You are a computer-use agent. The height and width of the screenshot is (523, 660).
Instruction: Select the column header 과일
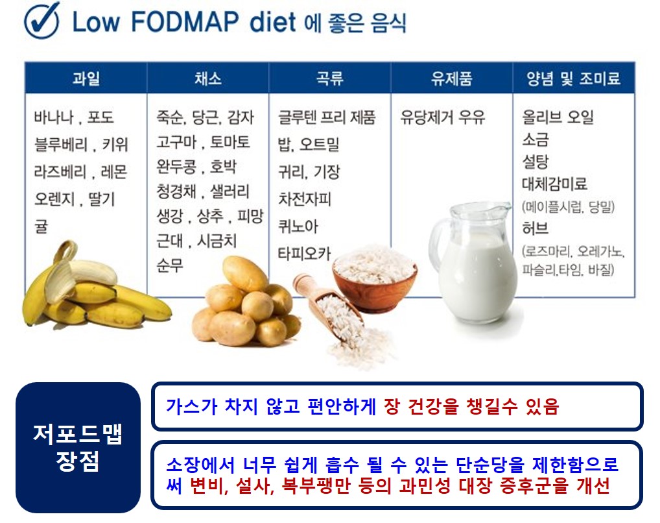tap(86, 79)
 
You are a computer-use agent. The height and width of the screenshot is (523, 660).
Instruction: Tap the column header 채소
tap(207, 79)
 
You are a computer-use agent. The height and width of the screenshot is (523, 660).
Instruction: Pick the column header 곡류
tap(329, 79)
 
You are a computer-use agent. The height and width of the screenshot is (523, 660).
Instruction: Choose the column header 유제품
tap(451, 79)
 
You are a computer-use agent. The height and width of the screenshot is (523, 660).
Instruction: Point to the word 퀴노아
tap(298, 226)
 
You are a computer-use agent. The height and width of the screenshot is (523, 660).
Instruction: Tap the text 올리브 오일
tap(558, 117)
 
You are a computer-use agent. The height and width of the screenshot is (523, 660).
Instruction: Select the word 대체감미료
tap(554, 184)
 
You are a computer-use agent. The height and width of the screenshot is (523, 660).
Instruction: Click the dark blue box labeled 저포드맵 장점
tap(78, 448)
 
